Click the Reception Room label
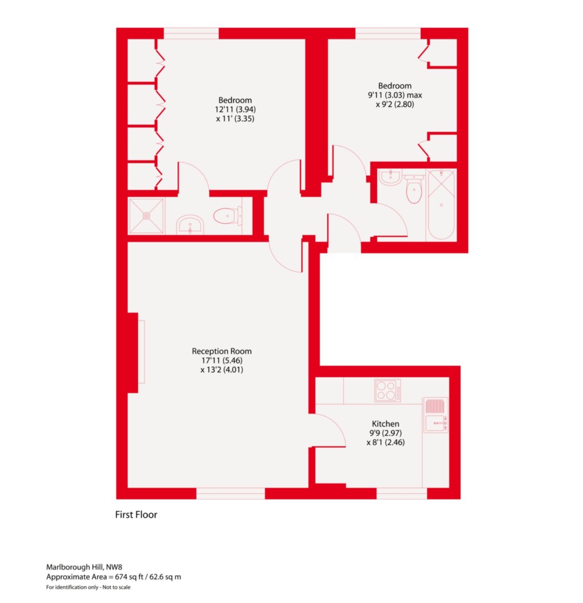221,351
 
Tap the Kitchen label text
385,424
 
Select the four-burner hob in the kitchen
387,390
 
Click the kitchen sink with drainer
436,415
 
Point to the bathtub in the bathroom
441,205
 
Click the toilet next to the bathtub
414,188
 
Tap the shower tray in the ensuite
146,216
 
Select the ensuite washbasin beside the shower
190,225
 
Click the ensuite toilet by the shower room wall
227,216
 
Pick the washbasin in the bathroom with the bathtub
390,177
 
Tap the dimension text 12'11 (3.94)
235,109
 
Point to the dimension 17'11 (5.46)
222,360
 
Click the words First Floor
136,515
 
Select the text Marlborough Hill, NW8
84,567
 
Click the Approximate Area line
114,577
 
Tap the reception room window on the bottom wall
231,493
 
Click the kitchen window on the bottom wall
402,493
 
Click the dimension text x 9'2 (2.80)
395,104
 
